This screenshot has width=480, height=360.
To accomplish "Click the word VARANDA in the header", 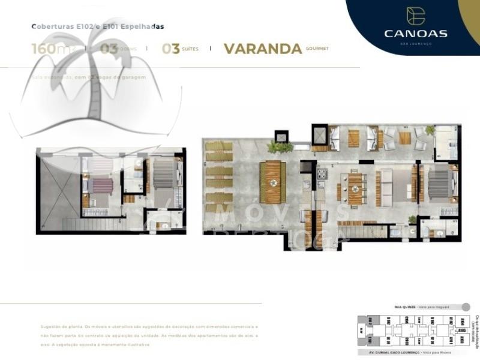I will click(262, 49).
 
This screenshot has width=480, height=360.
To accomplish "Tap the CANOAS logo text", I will click(415, 34).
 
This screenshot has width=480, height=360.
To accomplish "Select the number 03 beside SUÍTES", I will click(171, 49).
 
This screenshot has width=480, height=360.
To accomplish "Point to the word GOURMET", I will click(317, 48).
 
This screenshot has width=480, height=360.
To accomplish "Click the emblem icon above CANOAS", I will click(415, 16).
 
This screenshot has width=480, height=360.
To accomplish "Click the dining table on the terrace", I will click(274, 182).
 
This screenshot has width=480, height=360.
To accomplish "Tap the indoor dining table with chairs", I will click(356, 187).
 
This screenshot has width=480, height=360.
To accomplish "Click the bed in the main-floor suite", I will click(440, 182).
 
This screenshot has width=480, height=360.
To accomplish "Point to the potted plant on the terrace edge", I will click(280, 146).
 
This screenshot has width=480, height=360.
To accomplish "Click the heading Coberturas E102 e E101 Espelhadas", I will click(98, 27).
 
